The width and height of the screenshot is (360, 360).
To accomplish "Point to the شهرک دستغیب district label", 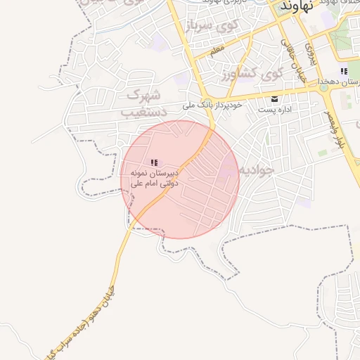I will click(145, 103).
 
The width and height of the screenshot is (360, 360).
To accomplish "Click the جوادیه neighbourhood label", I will click(256, 169).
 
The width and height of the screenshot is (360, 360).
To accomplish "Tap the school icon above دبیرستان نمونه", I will click(154, 162).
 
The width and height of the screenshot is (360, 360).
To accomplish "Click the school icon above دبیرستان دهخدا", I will click(343, 71).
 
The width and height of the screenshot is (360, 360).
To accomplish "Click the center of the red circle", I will click(181, 179).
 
